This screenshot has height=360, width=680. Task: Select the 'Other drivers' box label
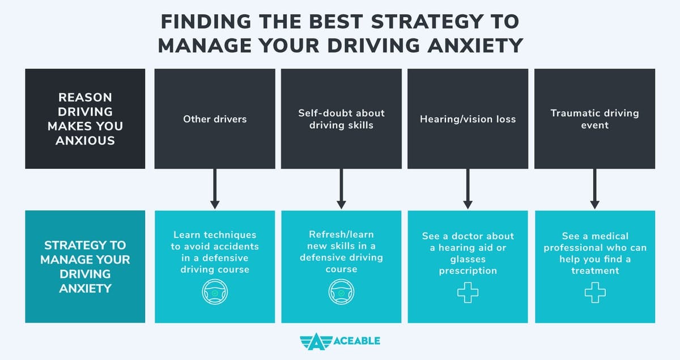215,119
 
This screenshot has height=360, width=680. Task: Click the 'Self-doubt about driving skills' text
341,119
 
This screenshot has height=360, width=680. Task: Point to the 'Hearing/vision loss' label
468,119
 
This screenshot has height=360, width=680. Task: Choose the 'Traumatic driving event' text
594,119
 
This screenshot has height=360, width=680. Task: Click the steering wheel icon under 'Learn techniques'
215,293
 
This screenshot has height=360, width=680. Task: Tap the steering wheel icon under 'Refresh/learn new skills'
341,293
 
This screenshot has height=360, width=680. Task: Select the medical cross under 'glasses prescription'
468,293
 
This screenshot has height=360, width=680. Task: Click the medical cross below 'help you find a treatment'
594,293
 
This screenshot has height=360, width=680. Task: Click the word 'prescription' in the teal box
468,270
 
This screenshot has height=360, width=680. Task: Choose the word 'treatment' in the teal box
594,270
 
